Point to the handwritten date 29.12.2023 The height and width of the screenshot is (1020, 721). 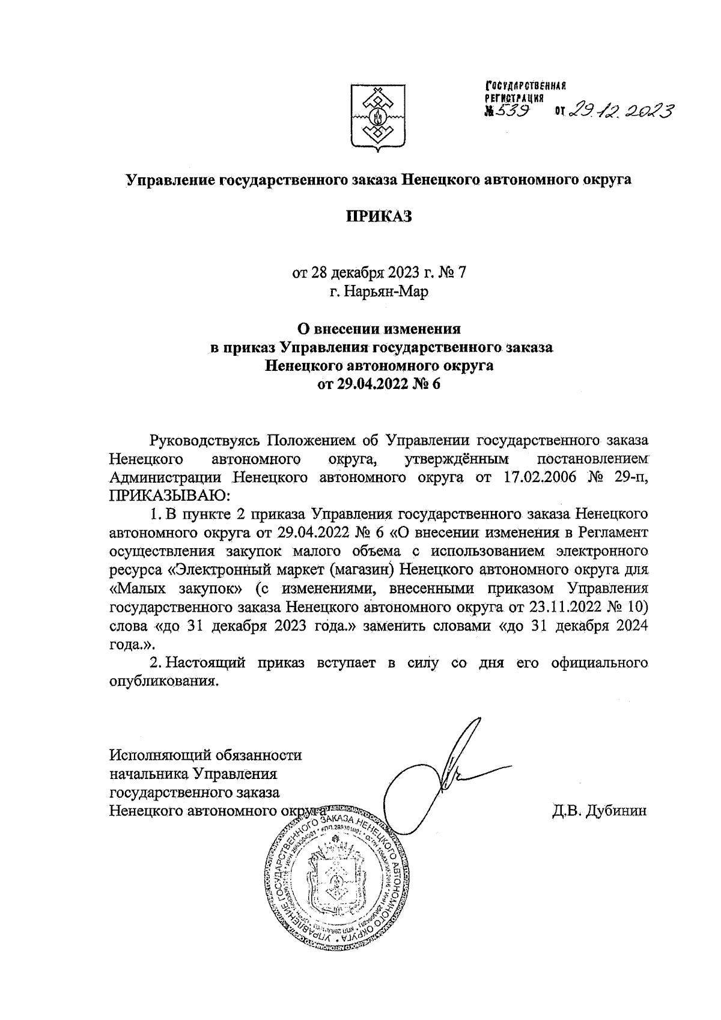click(622, 109)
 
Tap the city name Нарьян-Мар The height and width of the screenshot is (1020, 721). click(379, 292)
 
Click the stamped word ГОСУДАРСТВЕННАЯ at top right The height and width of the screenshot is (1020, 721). click(526, 86)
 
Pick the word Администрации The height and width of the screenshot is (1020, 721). click(165, 478)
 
